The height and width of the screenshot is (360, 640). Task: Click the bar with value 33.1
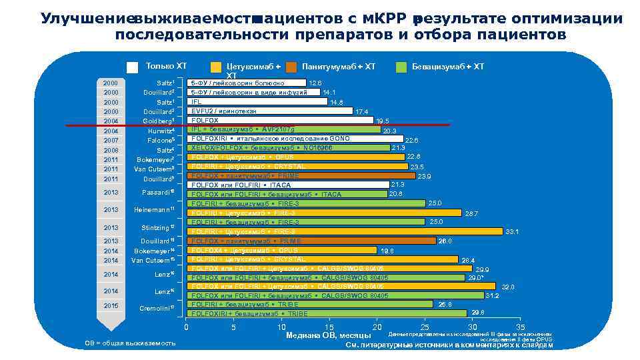(347, 231)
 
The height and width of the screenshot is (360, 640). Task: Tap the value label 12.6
(315, 83)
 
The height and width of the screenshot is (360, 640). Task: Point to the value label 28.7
(471, 213)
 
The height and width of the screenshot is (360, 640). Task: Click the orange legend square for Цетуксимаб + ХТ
(216, 67)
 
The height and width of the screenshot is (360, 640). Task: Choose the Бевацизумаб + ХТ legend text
(448, 67)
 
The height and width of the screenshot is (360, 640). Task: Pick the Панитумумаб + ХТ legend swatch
(291, 67)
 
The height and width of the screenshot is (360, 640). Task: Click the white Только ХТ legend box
(133, 67)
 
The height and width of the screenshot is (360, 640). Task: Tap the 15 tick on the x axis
(329, 327)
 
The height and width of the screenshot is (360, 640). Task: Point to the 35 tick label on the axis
(520, 327)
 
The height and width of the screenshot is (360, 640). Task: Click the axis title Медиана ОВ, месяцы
(328, 336)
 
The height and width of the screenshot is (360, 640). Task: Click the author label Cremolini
(156, 308)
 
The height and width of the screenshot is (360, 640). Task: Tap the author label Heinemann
(153, 210)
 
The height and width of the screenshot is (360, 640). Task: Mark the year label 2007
(111, 141)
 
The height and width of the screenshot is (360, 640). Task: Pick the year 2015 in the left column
(111, 305)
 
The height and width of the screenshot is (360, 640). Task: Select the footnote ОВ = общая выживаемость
(131, 343)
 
